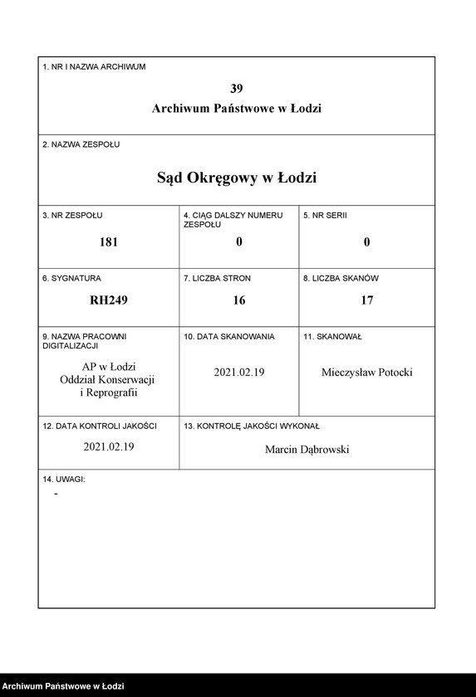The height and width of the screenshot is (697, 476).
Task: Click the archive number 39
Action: tap(237, 89)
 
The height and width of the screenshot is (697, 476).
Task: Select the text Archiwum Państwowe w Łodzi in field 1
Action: tap(237, 109)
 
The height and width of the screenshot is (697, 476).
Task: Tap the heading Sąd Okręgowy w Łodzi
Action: tap(237, 178)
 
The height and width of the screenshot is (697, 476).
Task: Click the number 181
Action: tap(109, 242)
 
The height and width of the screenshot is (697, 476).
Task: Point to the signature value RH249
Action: tap(109, 300)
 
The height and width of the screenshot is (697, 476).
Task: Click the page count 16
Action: tap(239, 300)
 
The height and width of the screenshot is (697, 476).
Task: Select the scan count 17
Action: tap(366, 300)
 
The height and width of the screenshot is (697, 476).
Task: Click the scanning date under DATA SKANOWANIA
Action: tap(239, 373)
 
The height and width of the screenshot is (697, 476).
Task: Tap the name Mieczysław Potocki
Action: tap(366, 373)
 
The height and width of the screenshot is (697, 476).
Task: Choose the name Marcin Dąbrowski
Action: tap(307, 449)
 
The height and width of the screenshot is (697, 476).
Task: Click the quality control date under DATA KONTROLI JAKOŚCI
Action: tap(109, 446)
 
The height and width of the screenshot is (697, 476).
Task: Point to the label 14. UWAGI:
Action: tap(64, 480)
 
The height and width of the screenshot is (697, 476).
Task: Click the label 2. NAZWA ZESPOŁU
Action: tap(81, 144)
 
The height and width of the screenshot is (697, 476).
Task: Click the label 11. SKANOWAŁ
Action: tap(332, 337)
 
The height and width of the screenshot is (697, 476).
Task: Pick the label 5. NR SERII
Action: tap(325, 216)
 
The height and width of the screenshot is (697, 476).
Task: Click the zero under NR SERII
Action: tap(366, 242)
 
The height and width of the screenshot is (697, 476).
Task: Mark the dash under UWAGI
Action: tap(56, 494)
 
